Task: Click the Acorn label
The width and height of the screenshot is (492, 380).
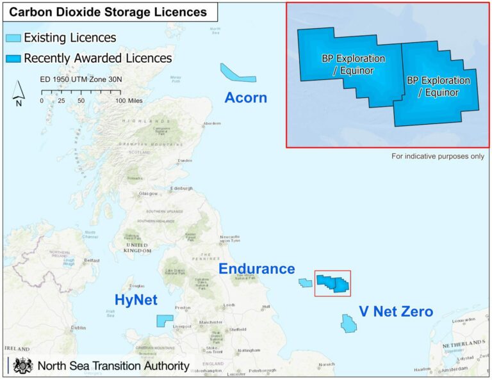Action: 245,98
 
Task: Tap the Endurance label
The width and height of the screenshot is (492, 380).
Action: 257,269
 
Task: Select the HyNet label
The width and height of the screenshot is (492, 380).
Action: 136,299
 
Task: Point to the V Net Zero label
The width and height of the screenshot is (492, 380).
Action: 395,312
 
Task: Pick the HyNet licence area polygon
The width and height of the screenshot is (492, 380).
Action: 164,321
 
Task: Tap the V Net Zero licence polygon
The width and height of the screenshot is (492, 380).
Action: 348,323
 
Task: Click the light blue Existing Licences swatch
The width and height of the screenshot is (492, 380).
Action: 13,38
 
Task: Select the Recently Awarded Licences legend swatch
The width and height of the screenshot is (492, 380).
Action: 13,58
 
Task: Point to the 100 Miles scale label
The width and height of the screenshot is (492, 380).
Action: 129,101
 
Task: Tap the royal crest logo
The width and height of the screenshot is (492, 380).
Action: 24,366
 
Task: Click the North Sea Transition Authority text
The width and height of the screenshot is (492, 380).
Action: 113,366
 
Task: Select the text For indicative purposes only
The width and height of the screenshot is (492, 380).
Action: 438,156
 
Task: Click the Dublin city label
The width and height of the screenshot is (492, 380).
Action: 78,328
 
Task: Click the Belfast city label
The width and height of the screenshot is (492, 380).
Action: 93,261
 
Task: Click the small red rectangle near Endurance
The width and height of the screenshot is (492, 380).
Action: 333,283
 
